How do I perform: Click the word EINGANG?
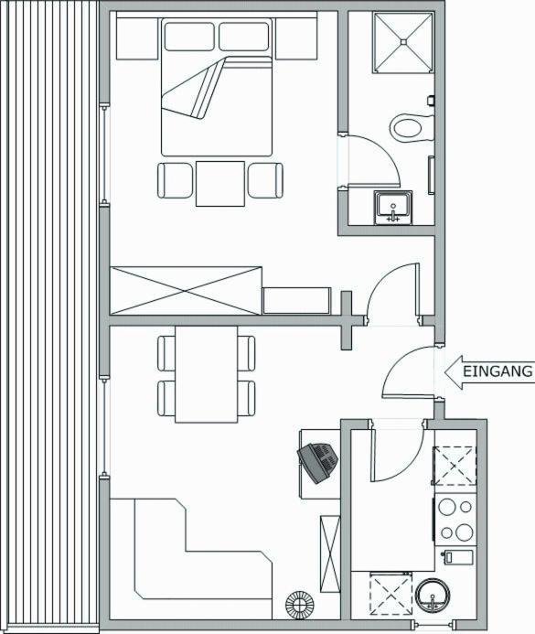pos(498,371)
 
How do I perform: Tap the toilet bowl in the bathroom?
pos(412,129)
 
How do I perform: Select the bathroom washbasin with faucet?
pos(392,208)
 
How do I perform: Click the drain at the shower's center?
pos(403,41)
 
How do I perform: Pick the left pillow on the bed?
pos(189,37)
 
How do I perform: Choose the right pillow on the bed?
pos(244,37)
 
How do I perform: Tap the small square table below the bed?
pos(220,184)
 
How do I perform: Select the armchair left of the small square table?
pos(175,180)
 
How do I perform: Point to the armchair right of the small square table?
pos(265,180)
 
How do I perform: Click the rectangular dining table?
pos(207,374)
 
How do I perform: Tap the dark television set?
pos(318,462)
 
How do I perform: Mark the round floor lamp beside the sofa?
pos(300,605)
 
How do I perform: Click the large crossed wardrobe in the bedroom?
pos(186,291)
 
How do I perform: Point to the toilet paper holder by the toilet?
pos(431,100)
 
